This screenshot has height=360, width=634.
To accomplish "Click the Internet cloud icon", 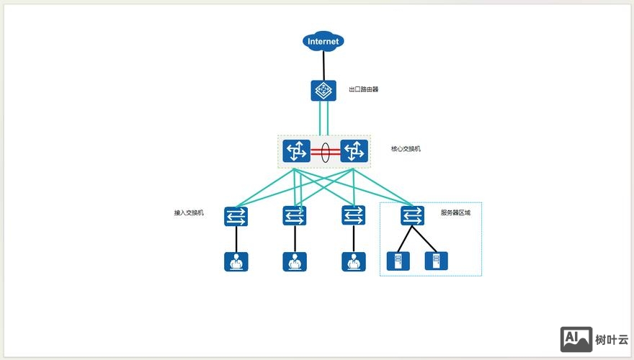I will click(323, 42).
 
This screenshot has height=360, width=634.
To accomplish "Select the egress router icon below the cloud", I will click(323, 91).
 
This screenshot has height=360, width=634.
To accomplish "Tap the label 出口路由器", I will click(363, 90).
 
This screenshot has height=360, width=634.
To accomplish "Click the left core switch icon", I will click(295, 151).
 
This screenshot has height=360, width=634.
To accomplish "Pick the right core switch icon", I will click(354, 151).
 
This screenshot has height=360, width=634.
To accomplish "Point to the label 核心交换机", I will click(406, 149).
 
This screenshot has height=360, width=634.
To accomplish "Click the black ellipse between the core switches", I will click(325, 152).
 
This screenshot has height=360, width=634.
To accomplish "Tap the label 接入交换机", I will click(189, 213).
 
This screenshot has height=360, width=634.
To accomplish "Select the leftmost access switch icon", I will click(236, 215).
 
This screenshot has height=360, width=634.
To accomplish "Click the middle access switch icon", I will click(294, 215).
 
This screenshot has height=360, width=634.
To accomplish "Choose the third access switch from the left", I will click(353, 215).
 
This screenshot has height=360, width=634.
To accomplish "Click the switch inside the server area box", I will click(413, 215).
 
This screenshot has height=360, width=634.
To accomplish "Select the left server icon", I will click(397, 261).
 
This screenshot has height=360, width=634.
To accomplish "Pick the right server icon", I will click(435, 261).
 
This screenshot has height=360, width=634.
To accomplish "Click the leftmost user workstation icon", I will click(236, 261).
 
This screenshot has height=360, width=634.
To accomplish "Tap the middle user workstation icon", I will click(294, 261).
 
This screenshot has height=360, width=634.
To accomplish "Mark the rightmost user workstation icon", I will click(353, 261).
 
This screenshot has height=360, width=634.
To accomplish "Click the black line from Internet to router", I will click(323, 66).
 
